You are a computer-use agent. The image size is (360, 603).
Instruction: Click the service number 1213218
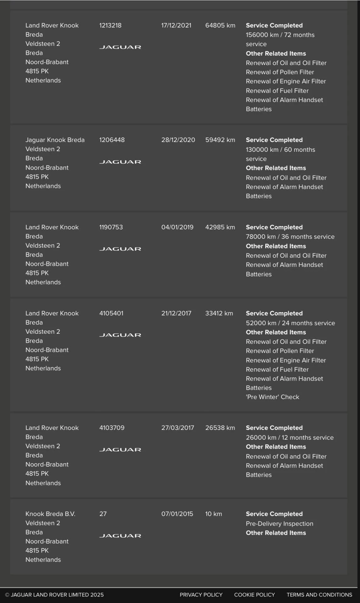click(x=110, y=25)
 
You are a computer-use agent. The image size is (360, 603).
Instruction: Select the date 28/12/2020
click(x=178, y=140)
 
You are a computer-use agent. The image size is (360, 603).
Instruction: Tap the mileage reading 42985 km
click(x=220, y=227)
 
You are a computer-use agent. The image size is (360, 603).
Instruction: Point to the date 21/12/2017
click(x=176, y=313)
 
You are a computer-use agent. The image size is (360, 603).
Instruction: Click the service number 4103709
click(x=112, y=428)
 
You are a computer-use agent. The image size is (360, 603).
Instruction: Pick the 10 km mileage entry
click(x=214, y=514)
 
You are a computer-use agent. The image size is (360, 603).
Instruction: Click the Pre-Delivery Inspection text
click(x=279, y=524)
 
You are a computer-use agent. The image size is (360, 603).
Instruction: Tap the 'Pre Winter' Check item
click(x=272, y=397)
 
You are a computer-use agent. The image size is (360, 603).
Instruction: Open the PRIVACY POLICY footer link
click(x=201, y=595)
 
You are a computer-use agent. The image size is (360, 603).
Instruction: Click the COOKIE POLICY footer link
click(x=254, y=595)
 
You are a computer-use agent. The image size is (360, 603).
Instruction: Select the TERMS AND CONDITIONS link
click(x=319, y=595)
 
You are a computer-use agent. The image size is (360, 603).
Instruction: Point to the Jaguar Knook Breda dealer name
click(x=55, y=140)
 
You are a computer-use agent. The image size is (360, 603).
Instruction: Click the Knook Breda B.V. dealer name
click(x=50, y=514)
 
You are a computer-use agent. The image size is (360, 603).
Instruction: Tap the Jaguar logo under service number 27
click(x=120, y=536)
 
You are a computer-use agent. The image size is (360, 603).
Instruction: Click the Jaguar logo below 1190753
click(x=120, y=249)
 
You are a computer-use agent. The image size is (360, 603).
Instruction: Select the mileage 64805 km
click(x=220, y=25)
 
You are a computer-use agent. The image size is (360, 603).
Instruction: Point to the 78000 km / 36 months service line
click(x=290, y=237)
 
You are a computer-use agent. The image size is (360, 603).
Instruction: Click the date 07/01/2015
click(x=177, y=514)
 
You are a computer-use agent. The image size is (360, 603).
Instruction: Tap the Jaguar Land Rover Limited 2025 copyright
click(x=54, y=595)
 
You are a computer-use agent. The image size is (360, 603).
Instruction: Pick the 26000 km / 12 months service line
click(x=290, y=437)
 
